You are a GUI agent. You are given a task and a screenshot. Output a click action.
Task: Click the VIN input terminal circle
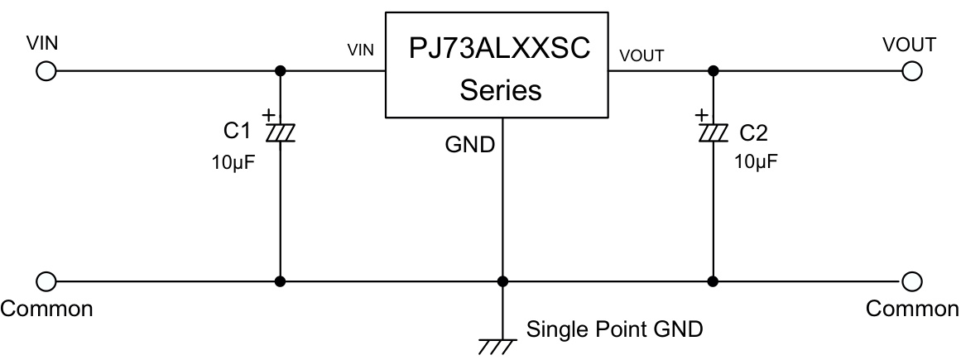(x=46, y=71)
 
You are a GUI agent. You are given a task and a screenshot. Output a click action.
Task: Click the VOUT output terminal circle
(x=912, y=71)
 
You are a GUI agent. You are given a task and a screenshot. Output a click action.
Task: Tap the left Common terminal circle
(x=46, y=281)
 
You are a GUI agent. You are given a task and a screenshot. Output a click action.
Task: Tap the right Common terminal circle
(x=912, y=281)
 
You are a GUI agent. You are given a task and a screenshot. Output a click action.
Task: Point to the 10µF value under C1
(x=233, y=161)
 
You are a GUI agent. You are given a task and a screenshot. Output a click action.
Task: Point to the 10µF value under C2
(x=756, y=161)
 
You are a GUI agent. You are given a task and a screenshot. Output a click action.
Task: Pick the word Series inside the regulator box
(x=500, y=89)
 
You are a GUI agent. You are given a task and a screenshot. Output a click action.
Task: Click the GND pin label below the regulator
(x=470, y=145)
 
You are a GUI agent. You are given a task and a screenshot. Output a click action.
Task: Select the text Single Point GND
(x=615, y=329)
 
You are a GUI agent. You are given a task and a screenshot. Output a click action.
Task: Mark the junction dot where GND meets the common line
(x=502, y=281)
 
